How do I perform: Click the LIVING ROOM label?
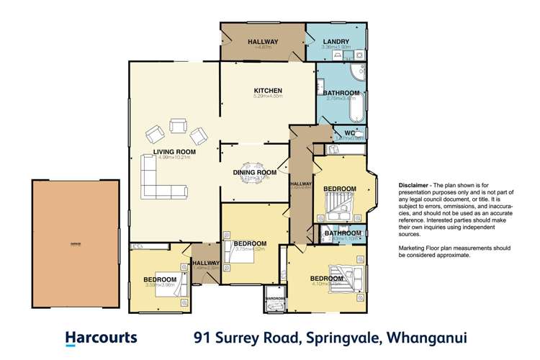pos(174,152)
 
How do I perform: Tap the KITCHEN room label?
pos(267,89)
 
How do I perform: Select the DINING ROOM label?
pos(255,173)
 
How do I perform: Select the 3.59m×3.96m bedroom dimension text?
pos(160,285)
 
